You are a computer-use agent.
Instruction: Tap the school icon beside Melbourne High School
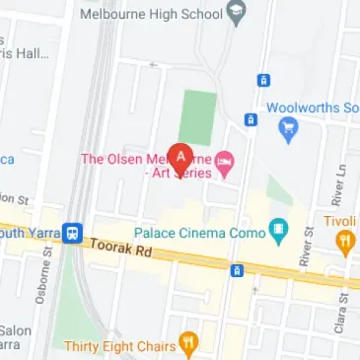click(235, 14)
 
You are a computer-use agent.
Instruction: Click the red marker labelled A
click(180, 157)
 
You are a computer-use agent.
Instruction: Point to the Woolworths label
click(312, 107)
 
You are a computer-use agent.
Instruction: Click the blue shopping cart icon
click(288, 126)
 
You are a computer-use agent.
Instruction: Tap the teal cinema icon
click(280, 233)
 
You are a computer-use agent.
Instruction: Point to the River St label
click(307, 246)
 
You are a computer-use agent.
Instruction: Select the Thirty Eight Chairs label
click(117, 345)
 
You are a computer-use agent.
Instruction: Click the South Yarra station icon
click(73, 230)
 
